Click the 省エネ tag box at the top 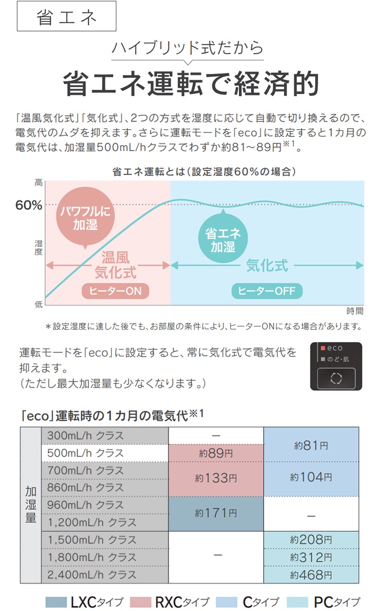tap(66, 16)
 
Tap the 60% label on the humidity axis tap(29, 205)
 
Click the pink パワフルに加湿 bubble tap(85, 216)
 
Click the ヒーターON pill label tap(116, 291)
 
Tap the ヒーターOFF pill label tap(267, 291)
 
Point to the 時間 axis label tap(355, 311)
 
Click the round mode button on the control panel tap(336, 379)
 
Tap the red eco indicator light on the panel tap(323, 348)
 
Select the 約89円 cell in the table tap(216, 453)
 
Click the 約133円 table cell tap(216, 479)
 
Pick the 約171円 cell tap(216, 514)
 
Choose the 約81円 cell tap(311, 444)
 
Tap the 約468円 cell tap(311, 575)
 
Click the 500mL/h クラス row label tap(85, 453)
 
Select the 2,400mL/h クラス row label tap(92, 575)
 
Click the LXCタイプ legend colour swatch tap(56, 602)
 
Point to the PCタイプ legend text tap(337, 602)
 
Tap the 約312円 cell tap(311, 558)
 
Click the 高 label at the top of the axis tap(39, 183)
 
